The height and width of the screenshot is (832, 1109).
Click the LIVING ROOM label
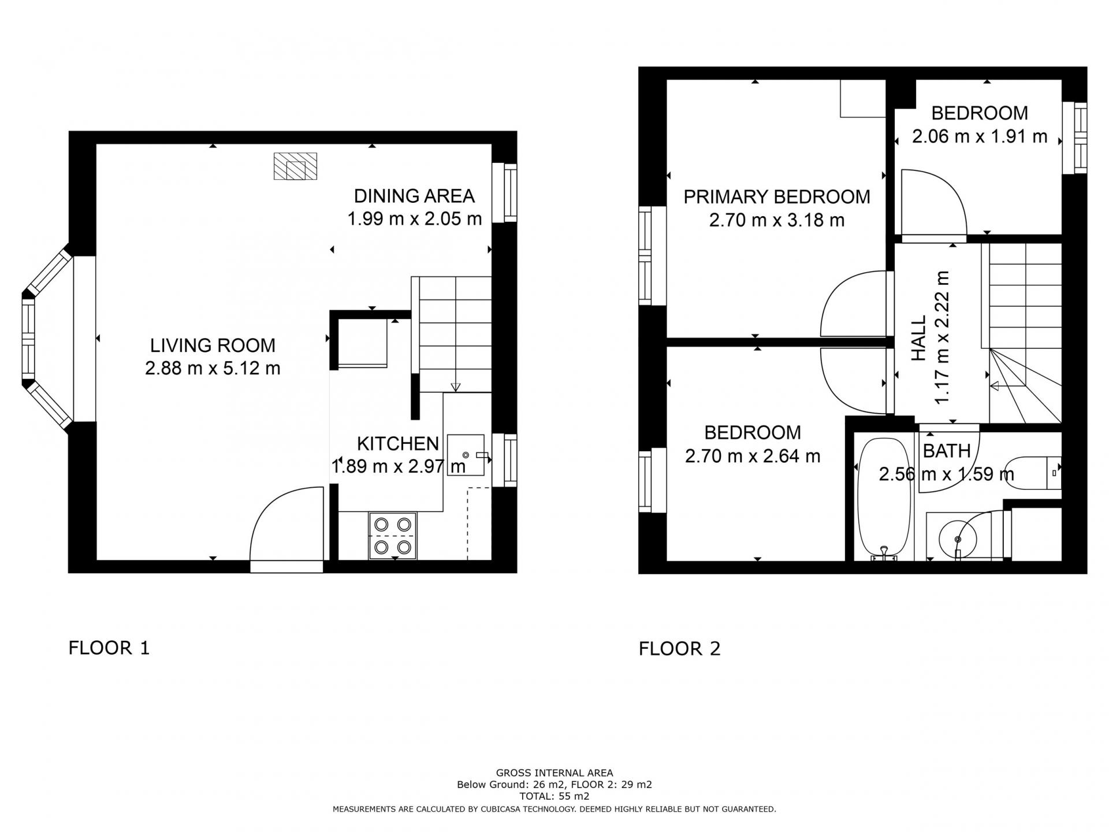pos(213,346)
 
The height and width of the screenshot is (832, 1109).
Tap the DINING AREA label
pos(414,196)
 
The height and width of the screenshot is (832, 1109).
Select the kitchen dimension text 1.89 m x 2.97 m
pos(399,466)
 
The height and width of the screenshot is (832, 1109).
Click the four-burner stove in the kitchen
pos(393,536)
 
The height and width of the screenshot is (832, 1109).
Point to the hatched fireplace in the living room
pos(295,166)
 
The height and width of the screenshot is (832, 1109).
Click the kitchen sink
pos(466,455)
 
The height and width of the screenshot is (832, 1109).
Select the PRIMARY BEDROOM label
pos(776,197)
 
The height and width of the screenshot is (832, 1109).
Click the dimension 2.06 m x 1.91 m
pos(980,136)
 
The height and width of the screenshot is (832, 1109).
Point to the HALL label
pos(918,338)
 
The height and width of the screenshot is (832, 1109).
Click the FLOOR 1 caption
pos(109,648)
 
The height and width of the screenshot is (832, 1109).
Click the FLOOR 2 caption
pos(680,649)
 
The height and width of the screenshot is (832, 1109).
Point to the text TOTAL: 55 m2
pos(554,796)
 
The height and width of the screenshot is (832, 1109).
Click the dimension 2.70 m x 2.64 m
pos(753,456)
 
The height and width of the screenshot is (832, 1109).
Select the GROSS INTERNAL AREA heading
pos(554,773)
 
